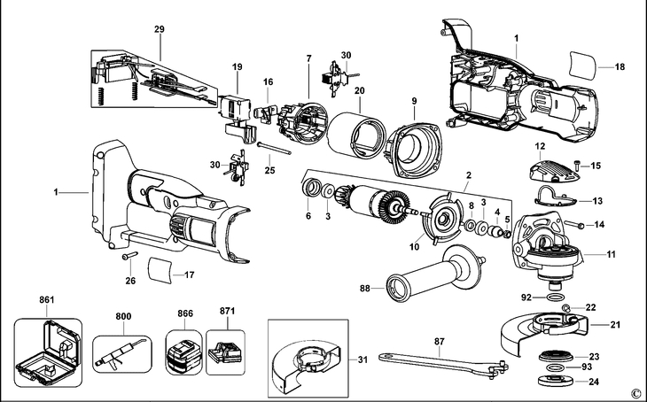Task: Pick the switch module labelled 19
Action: [x=233, y=106]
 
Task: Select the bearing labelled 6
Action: [x=312, y=190]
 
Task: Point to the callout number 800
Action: [x=122, y=315]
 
